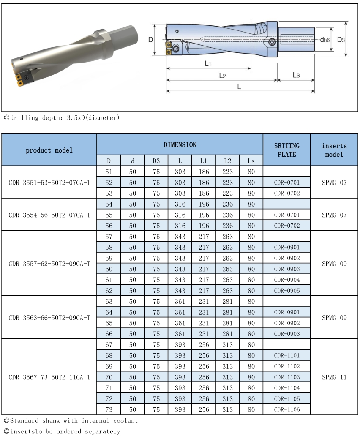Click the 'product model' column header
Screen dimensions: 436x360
[x=49, y=150]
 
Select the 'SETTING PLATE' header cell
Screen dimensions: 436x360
[x=286, y=150]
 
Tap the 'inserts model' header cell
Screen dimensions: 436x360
[x=334, y=150]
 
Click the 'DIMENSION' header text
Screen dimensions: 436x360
[x=180, y=144]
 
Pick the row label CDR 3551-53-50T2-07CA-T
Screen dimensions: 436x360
[x=49, y=183]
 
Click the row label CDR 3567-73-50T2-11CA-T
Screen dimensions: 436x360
[x=49, y=377]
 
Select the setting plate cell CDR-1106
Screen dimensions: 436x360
[x=286, y=409]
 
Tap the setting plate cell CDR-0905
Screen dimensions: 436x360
[x=286, y=291]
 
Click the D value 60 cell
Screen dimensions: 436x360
[x=109, y=269]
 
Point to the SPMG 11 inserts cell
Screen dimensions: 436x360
[x=334, y=377]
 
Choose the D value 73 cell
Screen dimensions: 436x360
[x=109, y=409]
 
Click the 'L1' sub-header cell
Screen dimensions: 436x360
[x=204, y=161]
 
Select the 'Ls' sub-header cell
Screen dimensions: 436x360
[x=251, y=161]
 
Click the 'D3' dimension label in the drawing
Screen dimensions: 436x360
[x=341, y=40]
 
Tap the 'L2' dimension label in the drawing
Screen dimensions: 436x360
[x=222, y=76]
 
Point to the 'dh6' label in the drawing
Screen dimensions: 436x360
[x=325, y=40]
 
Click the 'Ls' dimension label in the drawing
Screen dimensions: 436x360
[x=296, y=75]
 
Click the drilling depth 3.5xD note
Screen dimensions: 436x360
[x=61, y=117]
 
